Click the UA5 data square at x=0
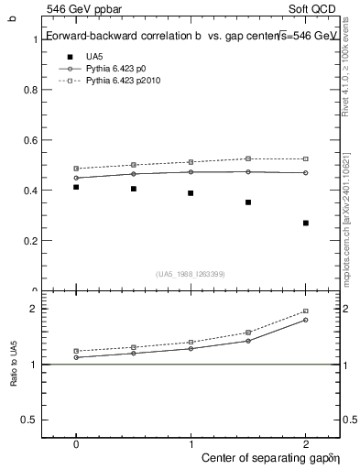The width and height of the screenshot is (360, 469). tap(76, 187)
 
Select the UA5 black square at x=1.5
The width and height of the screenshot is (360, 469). tap(248, 202)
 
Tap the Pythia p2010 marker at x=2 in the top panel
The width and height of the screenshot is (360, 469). tap(306, 159)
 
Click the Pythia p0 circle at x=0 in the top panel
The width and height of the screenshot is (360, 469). tap(76, 179)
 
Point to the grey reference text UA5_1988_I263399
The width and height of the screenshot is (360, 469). tap(191, 274)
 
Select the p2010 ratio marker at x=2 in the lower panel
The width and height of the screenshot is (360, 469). tap(306, 311)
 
